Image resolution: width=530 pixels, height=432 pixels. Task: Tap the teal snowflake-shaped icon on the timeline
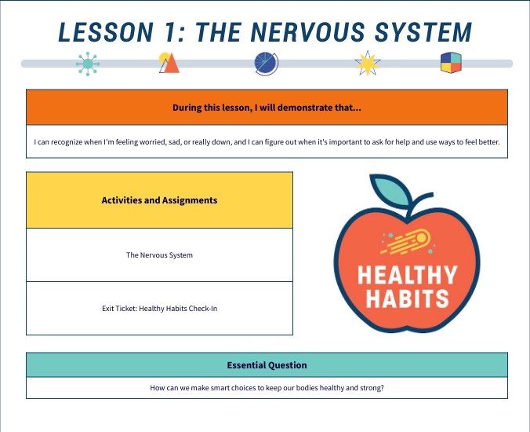tap(88, 64)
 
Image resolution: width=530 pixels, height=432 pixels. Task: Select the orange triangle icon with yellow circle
tap(169, 63)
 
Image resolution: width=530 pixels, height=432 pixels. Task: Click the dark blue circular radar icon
tap(266, 64)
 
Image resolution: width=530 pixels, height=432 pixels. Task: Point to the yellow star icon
tap(367, 64)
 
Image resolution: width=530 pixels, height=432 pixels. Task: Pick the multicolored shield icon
tap(451, 64)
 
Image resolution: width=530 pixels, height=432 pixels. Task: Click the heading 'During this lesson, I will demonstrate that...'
tap(267, 108)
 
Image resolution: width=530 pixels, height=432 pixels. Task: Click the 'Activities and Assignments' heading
tap(159, 200)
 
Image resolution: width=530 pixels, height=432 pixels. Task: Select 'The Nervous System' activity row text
tap(159, 255)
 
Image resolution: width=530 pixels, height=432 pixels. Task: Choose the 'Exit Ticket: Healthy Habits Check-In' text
tap(159, 309)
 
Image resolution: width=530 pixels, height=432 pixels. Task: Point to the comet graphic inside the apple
tap(409, 240)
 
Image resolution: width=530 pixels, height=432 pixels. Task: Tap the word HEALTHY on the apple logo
tap(407, 275)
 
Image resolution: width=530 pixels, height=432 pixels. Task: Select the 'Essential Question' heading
tap(267, 365)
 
